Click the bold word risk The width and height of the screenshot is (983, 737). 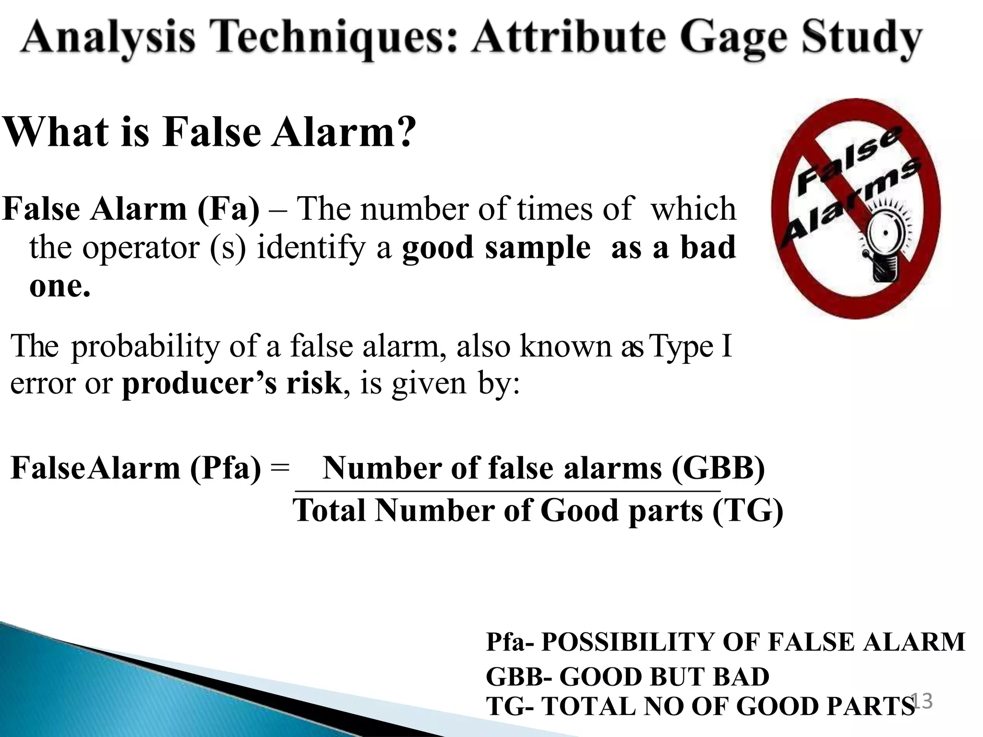click(x=314, y=384)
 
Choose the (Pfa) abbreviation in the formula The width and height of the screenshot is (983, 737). click(x=226, y=468)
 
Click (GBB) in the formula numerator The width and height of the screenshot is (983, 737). click(x=718, y=468)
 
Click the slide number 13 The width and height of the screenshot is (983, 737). click(x=921, y=701)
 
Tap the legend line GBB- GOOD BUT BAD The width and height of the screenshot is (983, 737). click(x=627, y=677)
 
